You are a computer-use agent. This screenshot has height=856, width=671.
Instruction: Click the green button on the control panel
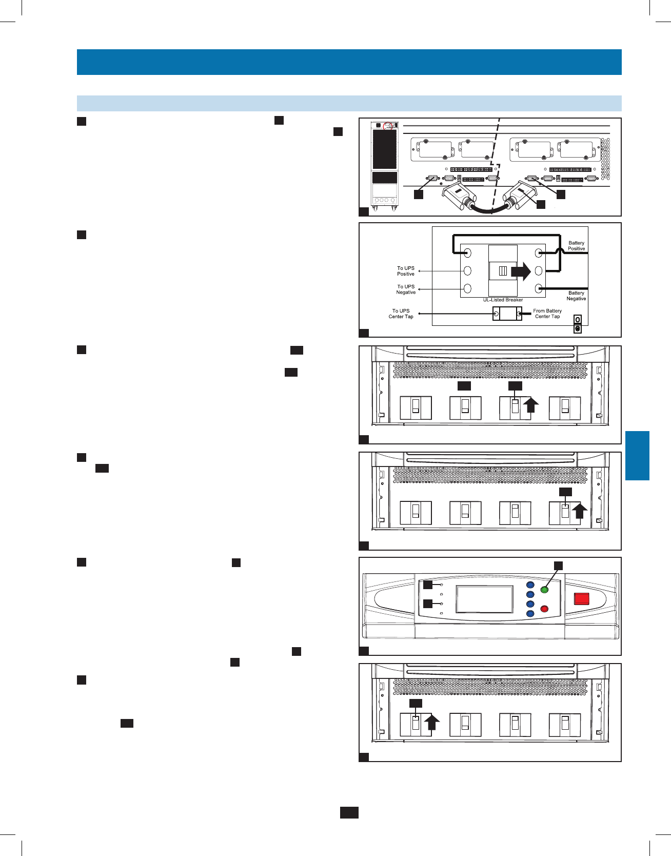point(545,590)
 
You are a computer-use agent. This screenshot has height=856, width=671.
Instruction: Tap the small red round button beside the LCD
point(545,609)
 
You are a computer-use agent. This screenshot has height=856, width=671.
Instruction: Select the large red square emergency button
point(581,598)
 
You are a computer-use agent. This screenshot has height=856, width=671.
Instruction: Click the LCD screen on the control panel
point(484,599)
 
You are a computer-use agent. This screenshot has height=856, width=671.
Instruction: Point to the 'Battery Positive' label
point(576,246)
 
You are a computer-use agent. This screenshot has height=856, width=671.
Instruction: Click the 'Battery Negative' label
point(576,296)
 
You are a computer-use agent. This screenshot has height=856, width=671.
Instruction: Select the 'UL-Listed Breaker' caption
point(503,300)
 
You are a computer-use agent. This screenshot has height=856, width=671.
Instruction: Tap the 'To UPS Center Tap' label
point(401,314)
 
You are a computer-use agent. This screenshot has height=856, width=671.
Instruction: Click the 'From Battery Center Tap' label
point(547,314)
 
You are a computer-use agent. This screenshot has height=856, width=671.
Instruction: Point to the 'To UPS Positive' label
point(405,271)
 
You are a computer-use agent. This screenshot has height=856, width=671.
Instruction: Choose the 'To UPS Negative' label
point(405,289)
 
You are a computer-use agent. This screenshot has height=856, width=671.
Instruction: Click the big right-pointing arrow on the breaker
point(521,271)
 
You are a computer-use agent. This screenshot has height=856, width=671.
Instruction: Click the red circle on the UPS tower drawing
point(388,126)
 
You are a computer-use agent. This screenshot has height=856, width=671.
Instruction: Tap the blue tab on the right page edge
point(637,456)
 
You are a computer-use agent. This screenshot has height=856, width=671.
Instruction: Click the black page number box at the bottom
point(349,812)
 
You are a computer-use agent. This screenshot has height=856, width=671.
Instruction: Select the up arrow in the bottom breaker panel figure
point(432,723)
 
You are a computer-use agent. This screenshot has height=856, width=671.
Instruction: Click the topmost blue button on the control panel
point(530,585)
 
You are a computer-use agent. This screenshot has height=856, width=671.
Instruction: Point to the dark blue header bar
point(349,62)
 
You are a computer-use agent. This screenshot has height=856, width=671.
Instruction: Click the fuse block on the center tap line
point(507,314)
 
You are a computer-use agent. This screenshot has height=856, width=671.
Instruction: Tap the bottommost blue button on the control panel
point(530,614)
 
